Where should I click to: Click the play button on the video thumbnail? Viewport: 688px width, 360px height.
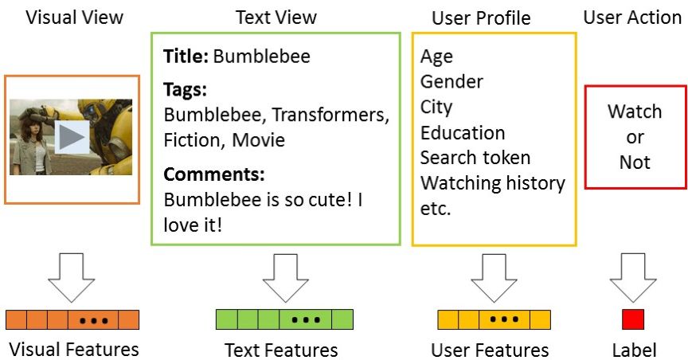pyautogui.click(x=72, y=137)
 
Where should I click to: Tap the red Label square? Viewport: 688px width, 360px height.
pyautogui.click(x=632, y=319)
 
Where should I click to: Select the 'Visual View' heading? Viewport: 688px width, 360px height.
pyautogui.click(x=75, y=17)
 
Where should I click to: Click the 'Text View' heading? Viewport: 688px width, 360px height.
pyautogui.click(x=276, y=17)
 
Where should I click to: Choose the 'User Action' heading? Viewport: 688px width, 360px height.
pyautogui.click(x=632, y=17)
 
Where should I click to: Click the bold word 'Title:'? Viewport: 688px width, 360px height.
pyautogui.click(x=186, y=57)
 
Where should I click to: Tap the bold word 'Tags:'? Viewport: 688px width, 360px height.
pyautogui.click(x=185, y=89)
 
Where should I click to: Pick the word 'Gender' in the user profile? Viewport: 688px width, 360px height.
pyautogui.click(x=451, y=81)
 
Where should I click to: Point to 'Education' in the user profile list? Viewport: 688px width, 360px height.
pyautogui.click(x=462, y=132)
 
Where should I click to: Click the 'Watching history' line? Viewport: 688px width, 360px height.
pyautogui.click(x=492, y=183)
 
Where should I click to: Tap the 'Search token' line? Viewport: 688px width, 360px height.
pyautogui.click(x=475, y=158)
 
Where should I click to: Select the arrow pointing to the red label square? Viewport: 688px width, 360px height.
pyautogui.click(x=632, y=276)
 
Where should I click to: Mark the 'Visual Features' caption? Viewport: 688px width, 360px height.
pyautogui.click(x=74, y=349)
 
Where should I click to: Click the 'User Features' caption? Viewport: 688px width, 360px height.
pyautogui.click(x=490, y=350)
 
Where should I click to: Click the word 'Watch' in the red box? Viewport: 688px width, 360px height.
pyautogui.click(x=635, y=112)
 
